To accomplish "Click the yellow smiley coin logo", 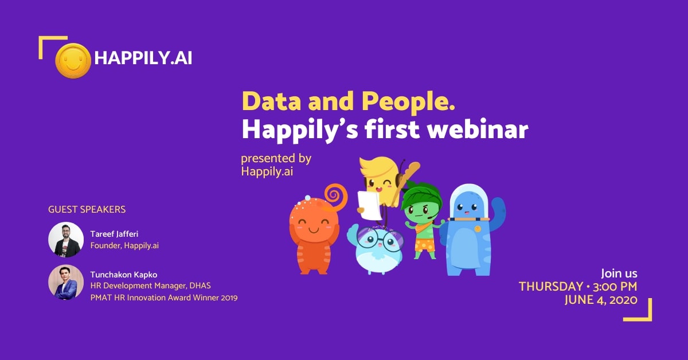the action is point(73,61).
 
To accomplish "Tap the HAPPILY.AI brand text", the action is point(143,58).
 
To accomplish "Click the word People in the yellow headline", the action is point(408,103).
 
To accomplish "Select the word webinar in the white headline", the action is point(478,129).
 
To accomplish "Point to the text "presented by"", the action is point(276,159).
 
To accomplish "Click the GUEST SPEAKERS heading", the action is point(87,209).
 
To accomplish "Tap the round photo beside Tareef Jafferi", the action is point(66,240).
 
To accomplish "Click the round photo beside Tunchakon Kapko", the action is point(66,282).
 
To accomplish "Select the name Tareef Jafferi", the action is point(114,234).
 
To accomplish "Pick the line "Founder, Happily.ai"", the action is point(124,246).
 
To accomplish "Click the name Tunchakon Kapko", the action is point(124,275).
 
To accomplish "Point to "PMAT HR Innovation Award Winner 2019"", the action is point(164,298).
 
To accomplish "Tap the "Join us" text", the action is point(619,273).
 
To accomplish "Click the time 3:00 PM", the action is point(615,287).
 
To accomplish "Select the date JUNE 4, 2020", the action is point(601,300).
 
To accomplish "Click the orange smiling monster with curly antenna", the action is point(316,230).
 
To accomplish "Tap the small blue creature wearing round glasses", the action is point(376,249).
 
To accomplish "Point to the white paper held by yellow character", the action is point(369,205).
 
